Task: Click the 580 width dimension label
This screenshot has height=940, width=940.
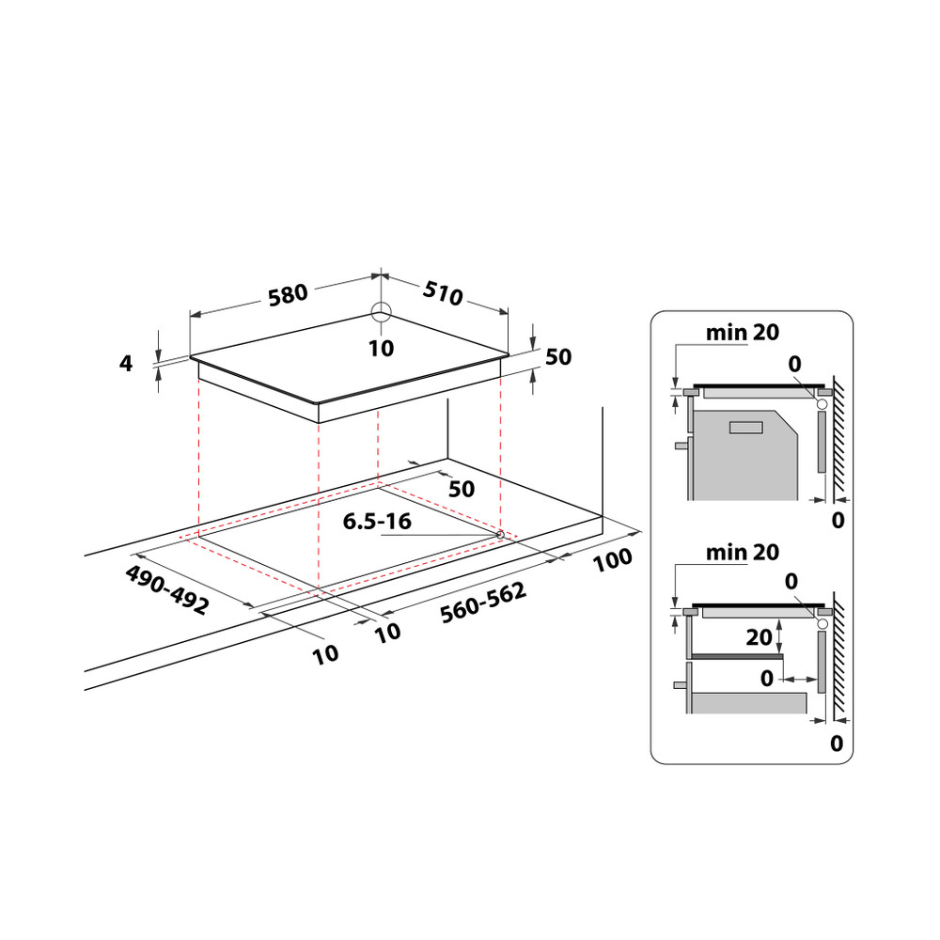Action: (288, 294)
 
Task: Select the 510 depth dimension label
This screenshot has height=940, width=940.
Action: (442, 294)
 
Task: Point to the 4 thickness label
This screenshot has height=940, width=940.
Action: (127, 363)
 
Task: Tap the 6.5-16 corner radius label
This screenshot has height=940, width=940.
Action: (377, 521)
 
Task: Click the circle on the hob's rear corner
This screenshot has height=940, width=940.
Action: (380, 313)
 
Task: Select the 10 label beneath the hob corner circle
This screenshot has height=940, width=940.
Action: (381, 348)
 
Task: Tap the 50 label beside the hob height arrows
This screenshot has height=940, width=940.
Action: (558, 357)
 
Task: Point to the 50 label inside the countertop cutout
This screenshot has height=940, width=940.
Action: (461, 489)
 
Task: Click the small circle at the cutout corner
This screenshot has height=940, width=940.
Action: (500, 535)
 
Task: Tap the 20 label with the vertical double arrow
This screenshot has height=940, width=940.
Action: (759, 637)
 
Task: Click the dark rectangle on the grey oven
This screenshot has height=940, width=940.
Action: (747, 428)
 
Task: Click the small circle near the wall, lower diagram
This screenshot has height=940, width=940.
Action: (822, 623)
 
